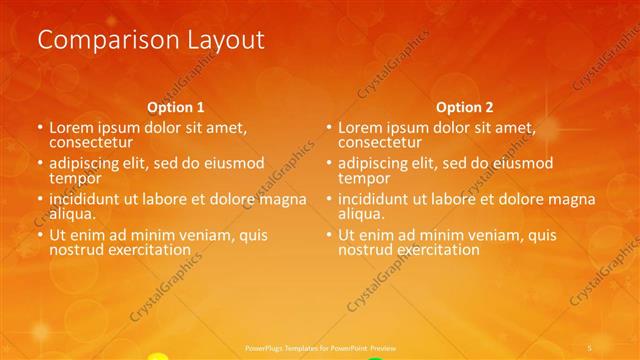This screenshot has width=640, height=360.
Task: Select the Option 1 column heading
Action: tap(176, 106)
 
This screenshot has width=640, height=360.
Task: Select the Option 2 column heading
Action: tap(465, 106)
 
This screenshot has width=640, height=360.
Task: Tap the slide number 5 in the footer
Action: tap(590, 346)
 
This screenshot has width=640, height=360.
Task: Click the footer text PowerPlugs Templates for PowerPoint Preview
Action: tap(319, 346)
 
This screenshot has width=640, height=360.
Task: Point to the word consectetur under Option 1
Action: tap(91, 142)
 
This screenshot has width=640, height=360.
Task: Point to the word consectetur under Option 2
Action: tap(380, 142)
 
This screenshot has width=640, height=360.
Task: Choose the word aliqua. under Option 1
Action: tap(73, 214)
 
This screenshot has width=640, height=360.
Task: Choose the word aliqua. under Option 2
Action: tap(362, 214)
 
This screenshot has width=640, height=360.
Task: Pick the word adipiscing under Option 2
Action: tap(375, 163)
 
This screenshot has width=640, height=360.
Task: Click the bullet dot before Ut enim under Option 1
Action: tap(39, 236)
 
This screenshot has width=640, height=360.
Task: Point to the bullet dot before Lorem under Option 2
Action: tap(328, 129)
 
